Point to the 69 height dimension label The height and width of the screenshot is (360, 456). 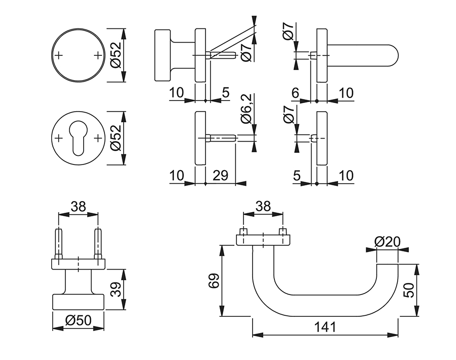[x=214, y=281]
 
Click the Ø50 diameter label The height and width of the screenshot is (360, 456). [x=78, y=320]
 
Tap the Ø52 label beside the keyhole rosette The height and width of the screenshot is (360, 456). [x=115, y=138]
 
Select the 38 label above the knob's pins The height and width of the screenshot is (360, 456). [x=78, y=206]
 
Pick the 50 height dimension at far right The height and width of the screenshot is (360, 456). [x=410, y=290]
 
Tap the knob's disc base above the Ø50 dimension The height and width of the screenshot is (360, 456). [x=79, y=301]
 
